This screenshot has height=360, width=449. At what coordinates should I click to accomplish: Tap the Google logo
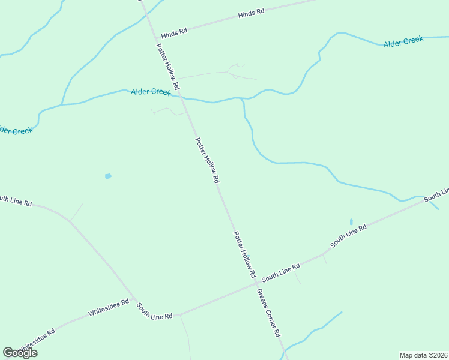20,353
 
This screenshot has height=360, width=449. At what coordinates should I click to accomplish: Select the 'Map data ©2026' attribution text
424,355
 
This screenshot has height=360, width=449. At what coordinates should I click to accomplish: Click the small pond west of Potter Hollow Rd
108,176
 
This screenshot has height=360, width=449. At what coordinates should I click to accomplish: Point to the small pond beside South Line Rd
351,222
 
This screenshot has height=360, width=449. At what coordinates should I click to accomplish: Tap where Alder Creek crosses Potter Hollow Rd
182,97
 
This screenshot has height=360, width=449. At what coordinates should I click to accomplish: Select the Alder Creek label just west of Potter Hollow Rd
151,92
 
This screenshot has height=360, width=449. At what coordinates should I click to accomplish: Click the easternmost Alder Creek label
403,41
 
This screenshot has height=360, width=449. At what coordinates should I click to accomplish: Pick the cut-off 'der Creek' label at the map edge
16,130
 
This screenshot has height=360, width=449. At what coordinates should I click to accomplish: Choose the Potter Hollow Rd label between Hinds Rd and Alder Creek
168,67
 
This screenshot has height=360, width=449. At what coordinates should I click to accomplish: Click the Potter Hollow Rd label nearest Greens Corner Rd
245,254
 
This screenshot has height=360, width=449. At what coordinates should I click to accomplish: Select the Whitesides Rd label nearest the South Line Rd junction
109,308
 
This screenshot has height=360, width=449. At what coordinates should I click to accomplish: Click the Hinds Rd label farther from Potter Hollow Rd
251,13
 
